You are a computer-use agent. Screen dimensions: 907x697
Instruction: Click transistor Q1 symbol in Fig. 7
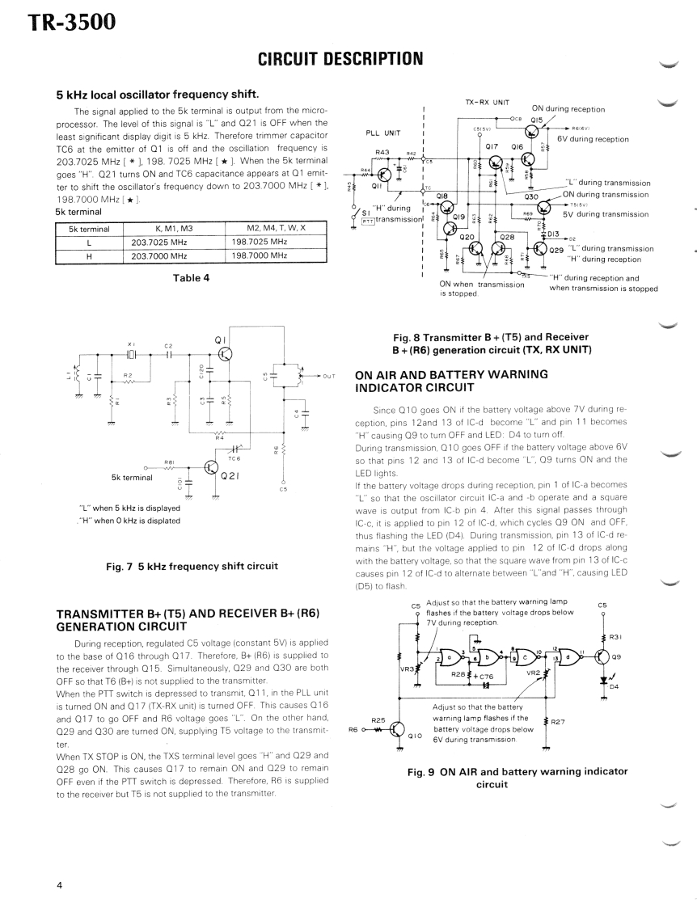point(226,352)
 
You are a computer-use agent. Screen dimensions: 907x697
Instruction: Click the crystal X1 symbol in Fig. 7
point(133,353)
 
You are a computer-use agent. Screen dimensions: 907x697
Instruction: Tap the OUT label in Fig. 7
point(328,376)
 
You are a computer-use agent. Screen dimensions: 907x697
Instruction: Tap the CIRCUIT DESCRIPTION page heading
point(340,58)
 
